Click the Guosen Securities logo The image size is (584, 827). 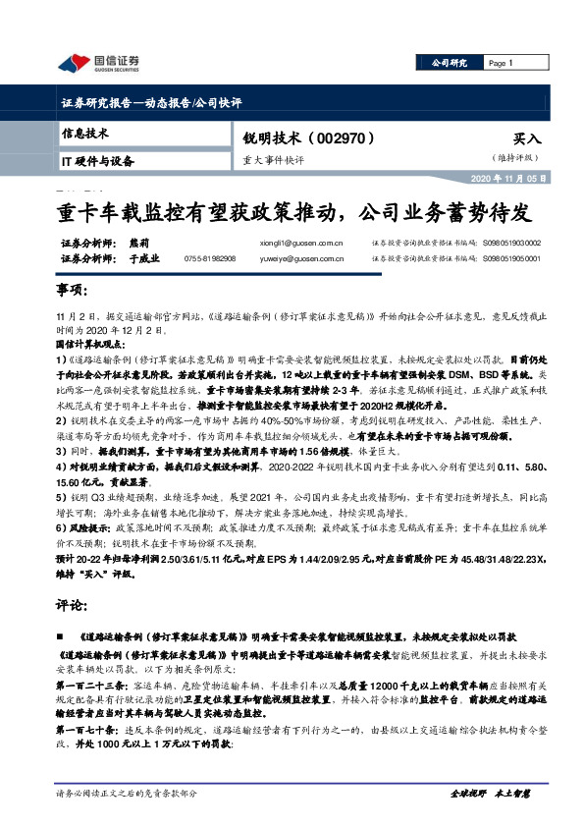pos(98,63)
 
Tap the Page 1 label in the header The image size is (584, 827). pos(502,63)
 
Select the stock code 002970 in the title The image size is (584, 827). pos(342,139)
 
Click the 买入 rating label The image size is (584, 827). pos(527,140)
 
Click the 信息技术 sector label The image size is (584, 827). pos(85,133)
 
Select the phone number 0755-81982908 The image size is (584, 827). pos(209,258)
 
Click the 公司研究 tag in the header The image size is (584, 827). pos(449,63)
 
